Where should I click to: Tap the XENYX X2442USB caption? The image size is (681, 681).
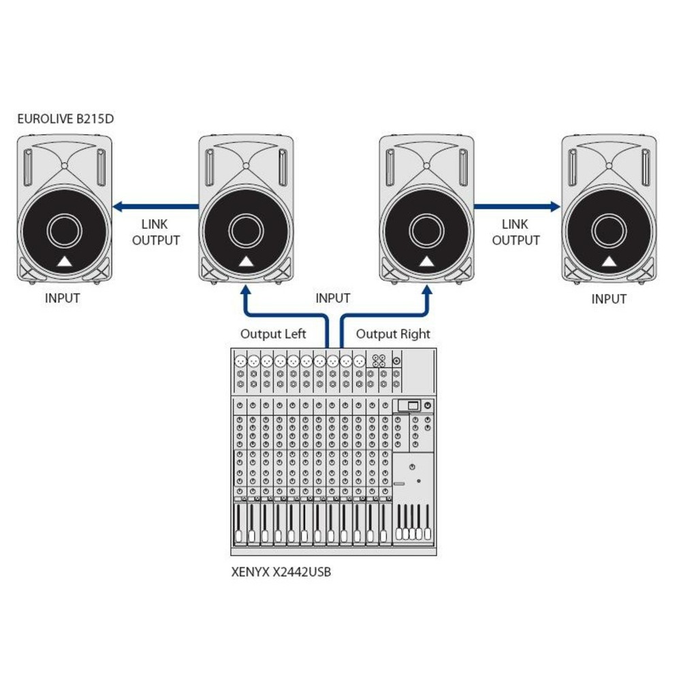281,573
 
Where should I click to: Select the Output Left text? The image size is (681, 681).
273,334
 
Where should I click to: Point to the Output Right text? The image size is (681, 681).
393,334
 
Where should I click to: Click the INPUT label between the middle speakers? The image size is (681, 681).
333,298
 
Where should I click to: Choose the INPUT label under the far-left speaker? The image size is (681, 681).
63,298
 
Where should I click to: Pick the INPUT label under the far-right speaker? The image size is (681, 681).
609,299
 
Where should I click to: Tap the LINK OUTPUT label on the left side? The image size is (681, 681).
156,232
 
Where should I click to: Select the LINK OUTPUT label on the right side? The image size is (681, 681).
516,232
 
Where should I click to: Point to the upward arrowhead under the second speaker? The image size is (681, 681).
245,290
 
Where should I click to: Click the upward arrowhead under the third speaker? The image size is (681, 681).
427,290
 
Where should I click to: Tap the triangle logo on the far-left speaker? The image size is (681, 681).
63,262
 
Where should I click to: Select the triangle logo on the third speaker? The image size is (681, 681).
426,262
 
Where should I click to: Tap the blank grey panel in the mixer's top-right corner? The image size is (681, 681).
418,372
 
